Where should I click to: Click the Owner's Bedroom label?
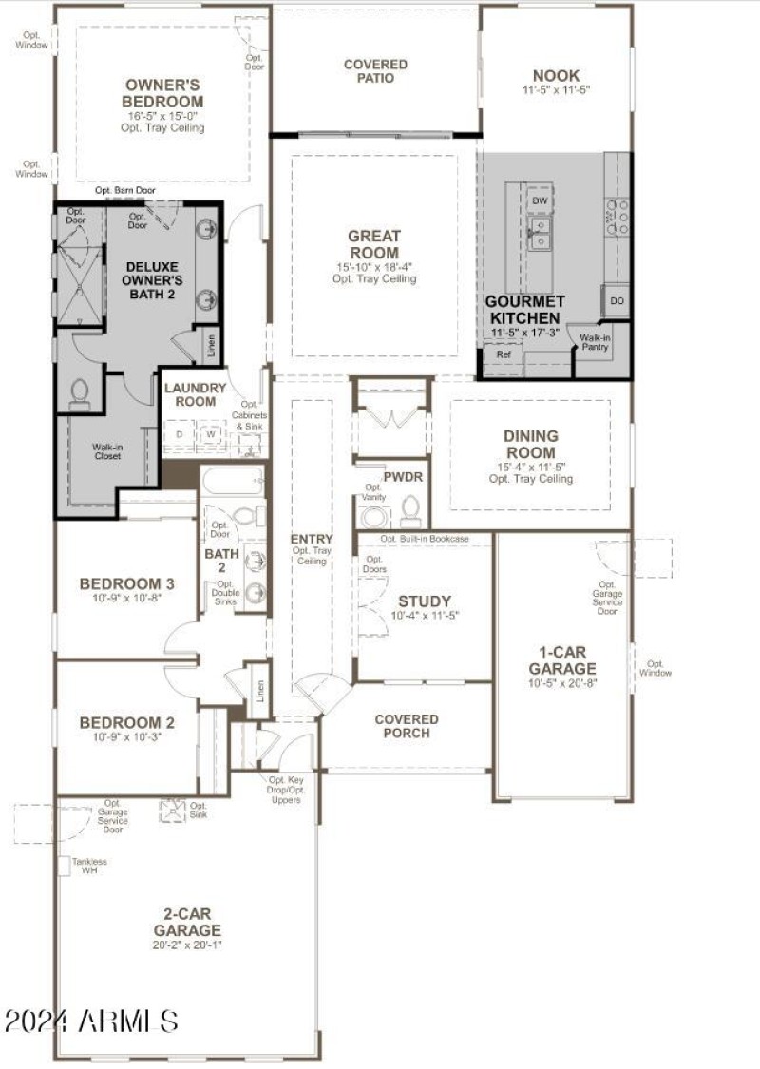point(163,93)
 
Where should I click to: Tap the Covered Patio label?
point(375,71)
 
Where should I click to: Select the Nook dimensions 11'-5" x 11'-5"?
point(557,90)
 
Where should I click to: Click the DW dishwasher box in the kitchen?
point(540,201)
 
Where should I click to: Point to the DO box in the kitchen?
point(617,300)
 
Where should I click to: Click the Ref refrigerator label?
point(503,353)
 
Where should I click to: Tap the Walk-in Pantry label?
point(596,342)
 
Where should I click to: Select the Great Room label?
point(374,244)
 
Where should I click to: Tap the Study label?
point(425,601)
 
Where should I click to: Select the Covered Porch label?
point(407,726)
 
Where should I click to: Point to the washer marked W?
point(211,435)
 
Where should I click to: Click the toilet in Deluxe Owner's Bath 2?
point(80,392)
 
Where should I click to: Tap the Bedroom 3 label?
point(126,583)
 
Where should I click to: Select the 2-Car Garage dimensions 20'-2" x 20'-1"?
point(188,945)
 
